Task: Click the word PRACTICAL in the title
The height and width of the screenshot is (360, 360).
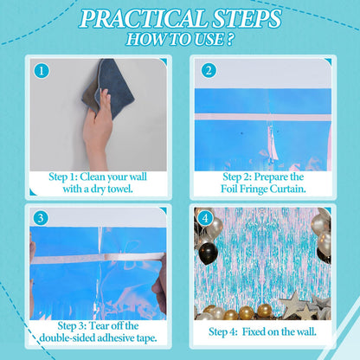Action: tap(144, 19)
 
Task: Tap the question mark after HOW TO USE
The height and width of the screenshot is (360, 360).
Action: tap(230, 39)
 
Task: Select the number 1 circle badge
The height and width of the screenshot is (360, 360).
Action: tap(42, 71)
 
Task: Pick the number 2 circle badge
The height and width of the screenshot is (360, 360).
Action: tap(209, 70)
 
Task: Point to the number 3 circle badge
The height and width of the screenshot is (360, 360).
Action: tap(41, 218)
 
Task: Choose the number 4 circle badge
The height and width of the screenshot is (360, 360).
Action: tap(205, 218)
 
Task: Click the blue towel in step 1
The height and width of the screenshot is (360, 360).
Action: tap(111, 87)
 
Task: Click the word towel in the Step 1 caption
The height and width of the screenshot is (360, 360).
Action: tap(120, 190)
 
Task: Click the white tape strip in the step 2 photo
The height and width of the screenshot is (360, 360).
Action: tap(263, 117)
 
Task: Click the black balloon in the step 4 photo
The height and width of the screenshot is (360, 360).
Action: tap(209, 253)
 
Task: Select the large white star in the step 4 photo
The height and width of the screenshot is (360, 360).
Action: tap(293, 305)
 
